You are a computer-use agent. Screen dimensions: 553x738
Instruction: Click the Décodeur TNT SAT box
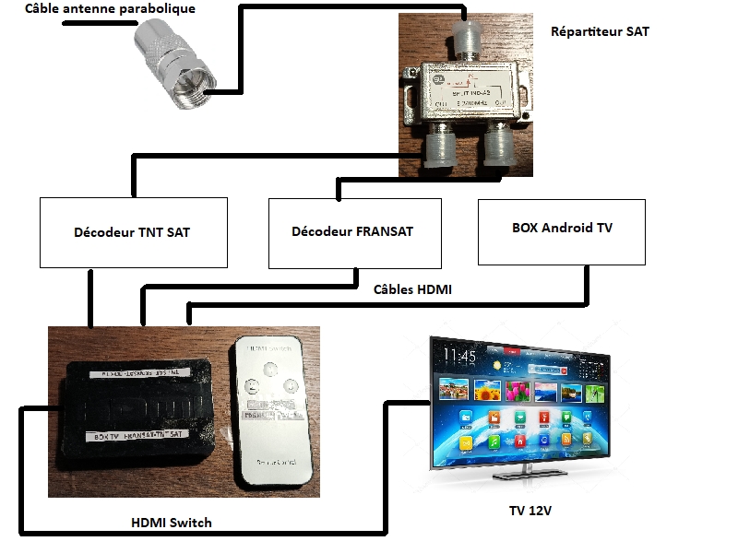pos(132,232)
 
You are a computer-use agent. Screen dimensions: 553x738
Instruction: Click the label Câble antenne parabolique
pos(110,9)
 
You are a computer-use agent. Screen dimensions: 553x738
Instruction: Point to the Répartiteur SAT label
pos(600,31)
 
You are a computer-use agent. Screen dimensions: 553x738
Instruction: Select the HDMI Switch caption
pos(172,523)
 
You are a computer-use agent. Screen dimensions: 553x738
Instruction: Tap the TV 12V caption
pos(536,510)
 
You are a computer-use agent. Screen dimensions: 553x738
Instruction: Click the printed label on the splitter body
pos(470,92)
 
